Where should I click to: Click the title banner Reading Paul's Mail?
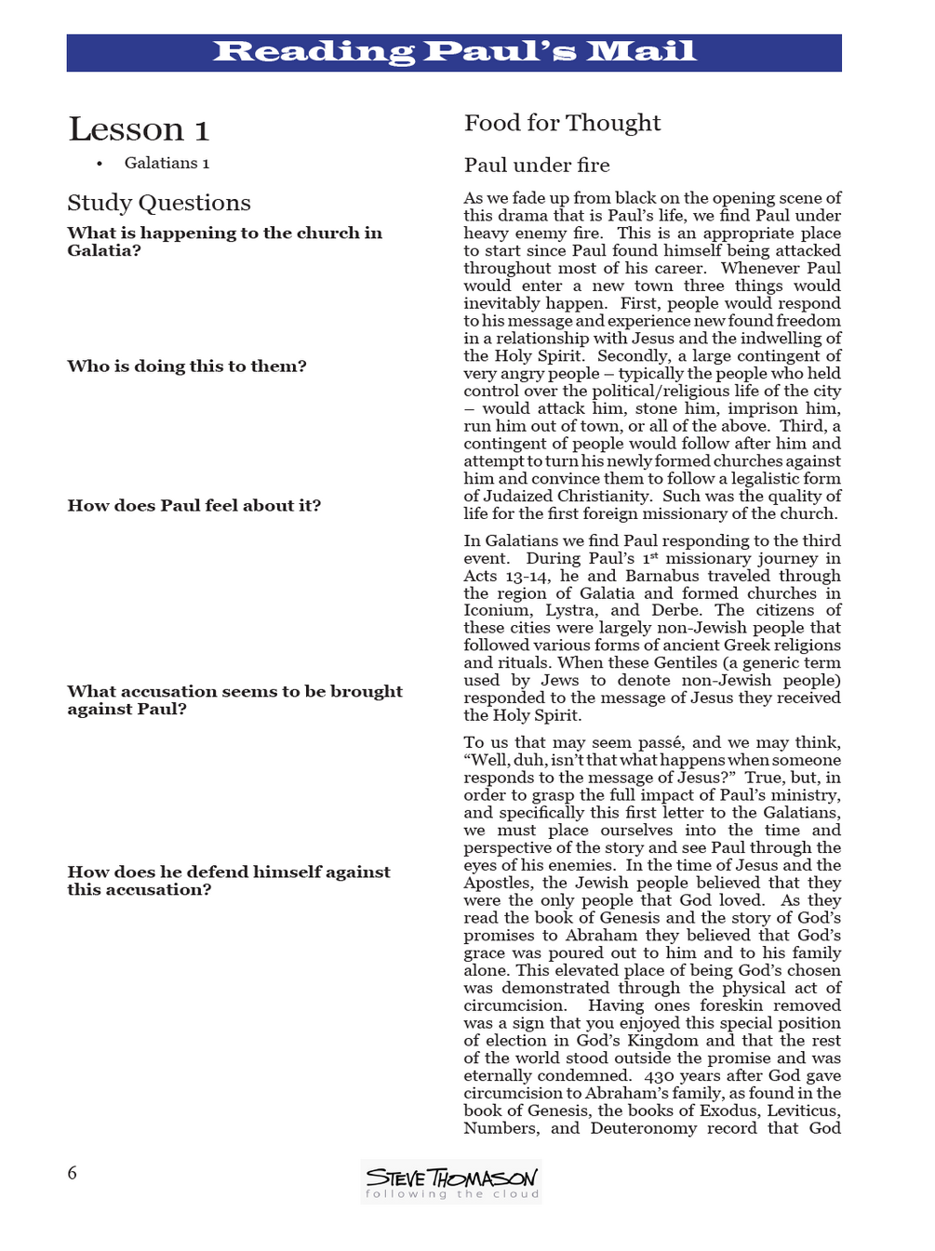pyautogui.click(x=454, y=52)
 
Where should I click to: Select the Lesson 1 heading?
pyautogui.click(x=139, y=129)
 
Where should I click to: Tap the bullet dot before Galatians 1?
pyautogui.click(x=100, y=164)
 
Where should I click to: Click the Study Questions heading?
pyautogui.click(x=159, y=203)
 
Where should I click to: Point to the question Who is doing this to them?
pyautogui.click(x=187, y=366)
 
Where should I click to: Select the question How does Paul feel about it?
pyautogui.click(x=194, y=506)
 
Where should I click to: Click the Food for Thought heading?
pyautogui.click(x=562, y=123)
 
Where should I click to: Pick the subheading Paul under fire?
pyautogui.click(x=537, y=166)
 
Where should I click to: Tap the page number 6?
pyautogui.click(x=73, y=1173)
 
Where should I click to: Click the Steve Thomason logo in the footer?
pyautogui.click(x=451, y=1181)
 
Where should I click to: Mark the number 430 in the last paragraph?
pyautogui.click(x=661, y=1076)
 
